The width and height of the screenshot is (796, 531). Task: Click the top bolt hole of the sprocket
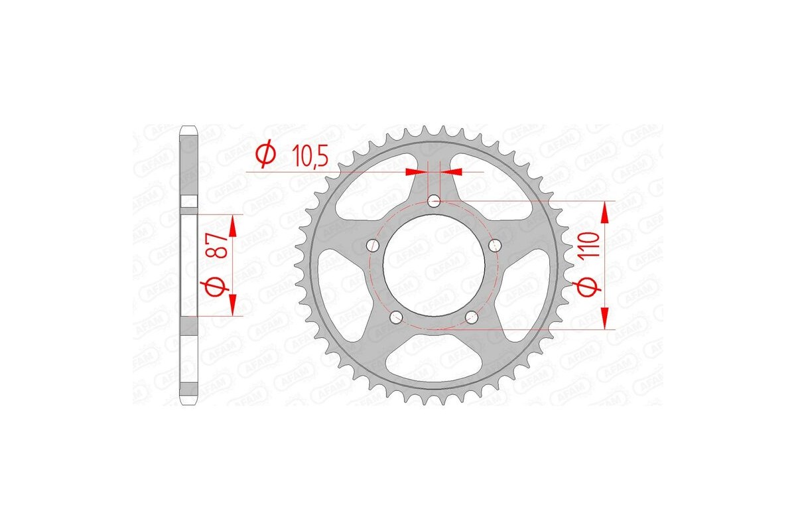click(x=433, y=200)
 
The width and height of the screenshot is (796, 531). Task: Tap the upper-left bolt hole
click(x=372, y=246)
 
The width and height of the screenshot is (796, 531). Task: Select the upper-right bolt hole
click(x=494, y=246)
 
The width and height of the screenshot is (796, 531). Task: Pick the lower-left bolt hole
click(x=395, y=317)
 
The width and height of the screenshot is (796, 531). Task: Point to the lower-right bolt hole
click(x=471, y=317)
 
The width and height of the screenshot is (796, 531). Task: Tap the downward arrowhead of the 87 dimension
click(x=233, y=306)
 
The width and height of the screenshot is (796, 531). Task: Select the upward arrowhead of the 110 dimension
click(x=605, y=212)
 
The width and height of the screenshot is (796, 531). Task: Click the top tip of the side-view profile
click(x=188, y=127)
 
